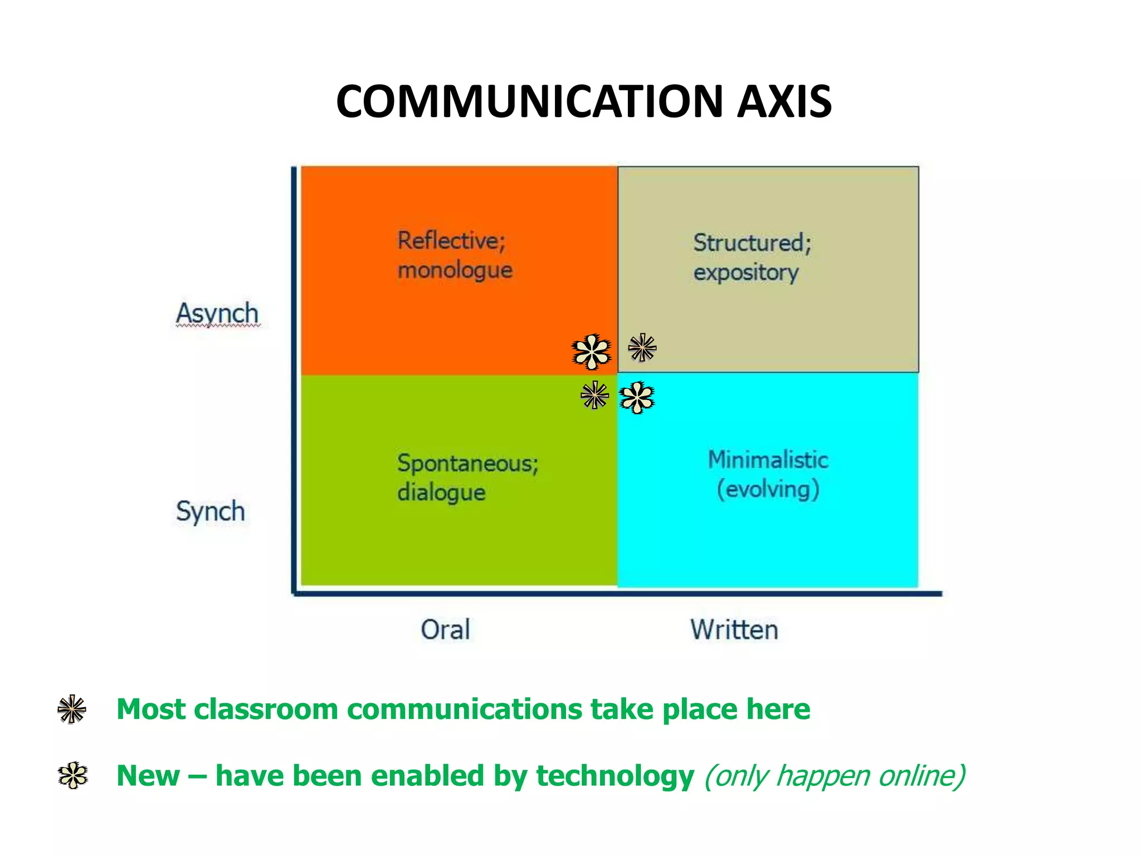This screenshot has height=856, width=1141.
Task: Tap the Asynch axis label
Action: [217, 314]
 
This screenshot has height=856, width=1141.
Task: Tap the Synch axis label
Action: [211, 512]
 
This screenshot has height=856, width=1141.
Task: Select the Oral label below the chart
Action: [445, 630]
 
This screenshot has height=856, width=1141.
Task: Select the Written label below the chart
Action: [734, 630]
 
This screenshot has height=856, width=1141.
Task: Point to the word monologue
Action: [455, 270]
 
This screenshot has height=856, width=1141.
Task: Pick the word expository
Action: [746, 273]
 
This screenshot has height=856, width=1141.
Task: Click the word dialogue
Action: [441, 493]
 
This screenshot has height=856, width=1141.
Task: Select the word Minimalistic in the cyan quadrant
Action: [768, 460]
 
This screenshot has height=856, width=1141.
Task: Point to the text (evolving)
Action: [768, 489]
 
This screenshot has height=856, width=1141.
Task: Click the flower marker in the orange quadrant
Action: [592, 352]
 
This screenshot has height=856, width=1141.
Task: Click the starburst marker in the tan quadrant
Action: [642, 348]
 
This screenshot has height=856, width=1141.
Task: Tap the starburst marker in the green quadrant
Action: [594, 395]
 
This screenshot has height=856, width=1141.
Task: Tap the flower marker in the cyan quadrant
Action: [637, 397]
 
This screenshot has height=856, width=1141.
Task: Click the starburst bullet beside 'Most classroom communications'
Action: [72, 709]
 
